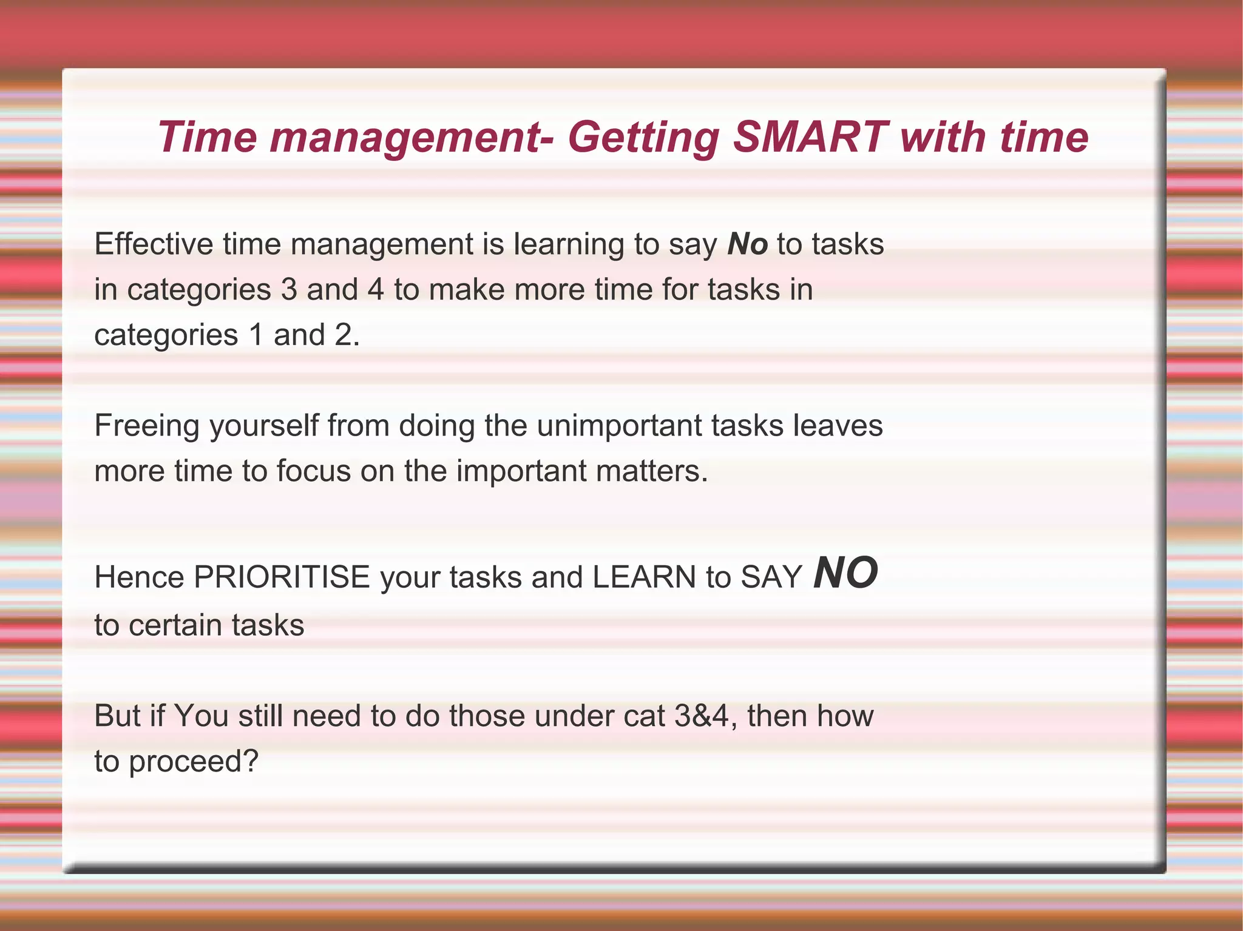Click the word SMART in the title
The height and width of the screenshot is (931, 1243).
tap(810, 137)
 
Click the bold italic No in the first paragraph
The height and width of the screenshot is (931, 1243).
tap(748, 244)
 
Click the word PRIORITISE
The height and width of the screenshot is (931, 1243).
tap(282, 577)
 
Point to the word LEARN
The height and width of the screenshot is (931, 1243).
tap(644, 577)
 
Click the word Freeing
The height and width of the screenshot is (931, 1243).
tap(147, 426)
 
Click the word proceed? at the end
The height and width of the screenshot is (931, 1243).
tap(194, 762)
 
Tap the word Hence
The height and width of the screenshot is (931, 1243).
tap(140, 577)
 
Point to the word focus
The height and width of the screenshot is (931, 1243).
tap(313, 471)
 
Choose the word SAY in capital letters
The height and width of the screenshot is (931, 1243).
tap(771, 577)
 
